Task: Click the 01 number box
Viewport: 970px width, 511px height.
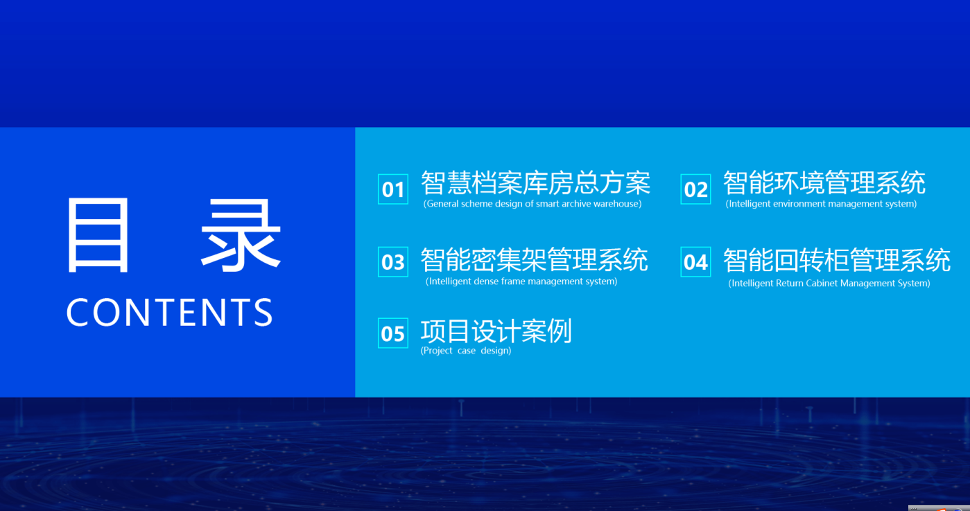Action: pos(392,189)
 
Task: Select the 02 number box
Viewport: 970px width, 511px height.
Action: pos(695,189)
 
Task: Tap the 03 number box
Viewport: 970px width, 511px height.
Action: pos(392,261)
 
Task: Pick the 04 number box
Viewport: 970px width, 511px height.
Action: pos(695,261)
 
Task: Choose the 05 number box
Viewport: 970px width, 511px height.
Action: pos(392,333)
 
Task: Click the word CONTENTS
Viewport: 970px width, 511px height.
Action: pos(169,312)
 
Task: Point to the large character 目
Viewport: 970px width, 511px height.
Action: pos(98,235)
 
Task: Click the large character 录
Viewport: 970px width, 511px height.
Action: pos(241,235)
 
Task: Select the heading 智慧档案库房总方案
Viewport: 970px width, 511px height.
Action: pos(535,183)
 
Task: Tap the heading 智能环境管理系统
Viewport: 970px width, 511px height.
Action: pos(824,183)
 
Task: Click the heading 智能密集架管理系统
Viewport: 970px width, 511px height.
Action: pos(535,260)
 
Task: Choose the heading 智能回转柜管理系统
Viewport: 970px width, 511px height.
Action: pos(837,260)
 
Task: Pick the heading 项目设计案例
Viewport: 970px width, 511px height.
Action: pos(496,331)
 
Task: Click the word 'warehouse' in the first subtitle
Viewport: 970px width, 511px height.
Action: pos(616,204)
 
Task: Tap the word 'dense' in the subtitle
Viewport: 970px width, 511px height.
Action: pos(486,281)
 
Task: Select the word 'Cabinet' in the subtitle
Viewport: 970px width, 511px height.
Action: pos(823,283)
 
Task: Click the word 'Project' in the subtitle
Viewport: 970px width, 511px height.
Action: pos(438,351)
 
